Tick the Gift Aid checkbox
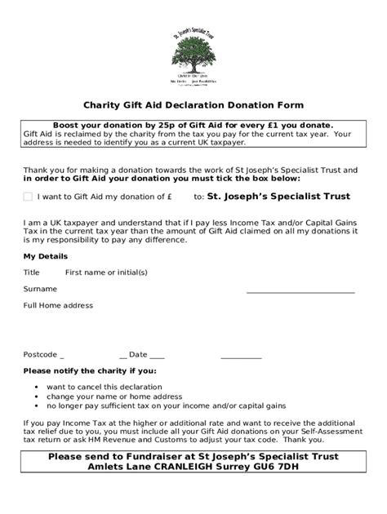(x=28, y=197)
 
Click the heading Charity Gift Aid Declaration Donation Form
(x=193, y=105)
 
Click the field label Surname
(x=40, y=289)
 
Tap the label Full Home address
(x=58, y=305)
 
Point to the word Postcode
(x=40, y=354)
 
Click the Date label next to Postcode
(x=137, y=354)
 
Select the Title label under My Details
(x=31, y=272)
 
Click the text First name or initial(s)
(x=106, y=272)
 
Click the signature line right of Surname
(x=300, y=291)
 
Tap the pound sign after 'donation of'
(x=169, y=197)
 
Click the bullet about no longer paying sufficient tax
(x=166, y=405)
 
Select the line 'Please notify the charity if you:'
(x=90, y=370)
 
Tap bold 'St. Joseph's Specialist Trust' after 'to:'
(x=278, y=197)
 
